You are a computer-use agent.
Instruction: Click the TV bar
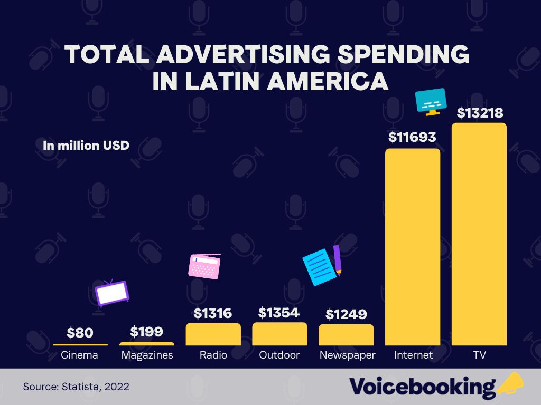tap(479, 235)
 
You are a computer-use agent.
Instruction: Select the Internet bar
tap(413, 247)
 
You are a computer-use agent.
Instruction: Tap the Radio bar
tap(213, 334)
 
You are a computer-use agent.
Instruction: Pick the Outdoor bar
tap(279, 334)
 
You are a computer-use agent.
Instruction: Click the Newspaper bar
tap(346, 335)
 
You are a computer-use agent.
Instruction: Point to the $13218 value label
tap(480, 113)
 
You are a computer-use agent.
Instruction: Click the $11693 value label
tap(412, 138)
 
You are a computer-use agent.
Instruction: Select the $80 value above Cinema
tap(80, 333)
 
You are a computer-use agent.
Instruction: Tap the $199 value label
tap(146, 332)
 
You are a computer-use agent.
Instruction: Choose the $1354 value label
tap(279, 312)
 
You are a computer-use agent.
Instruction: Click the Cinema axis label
tap(79, 355)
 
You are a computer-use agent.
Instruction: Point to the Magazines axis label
tap(147, 355)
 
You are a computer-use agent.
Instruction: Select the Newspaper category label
tap(347, 355)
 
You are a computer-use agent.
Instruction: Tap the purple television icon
tap(112, 294)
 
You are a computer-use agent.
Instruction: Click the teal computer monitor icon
tap(431, 101)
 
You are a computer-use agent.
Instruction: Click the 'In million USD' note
tap(86, 145)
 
